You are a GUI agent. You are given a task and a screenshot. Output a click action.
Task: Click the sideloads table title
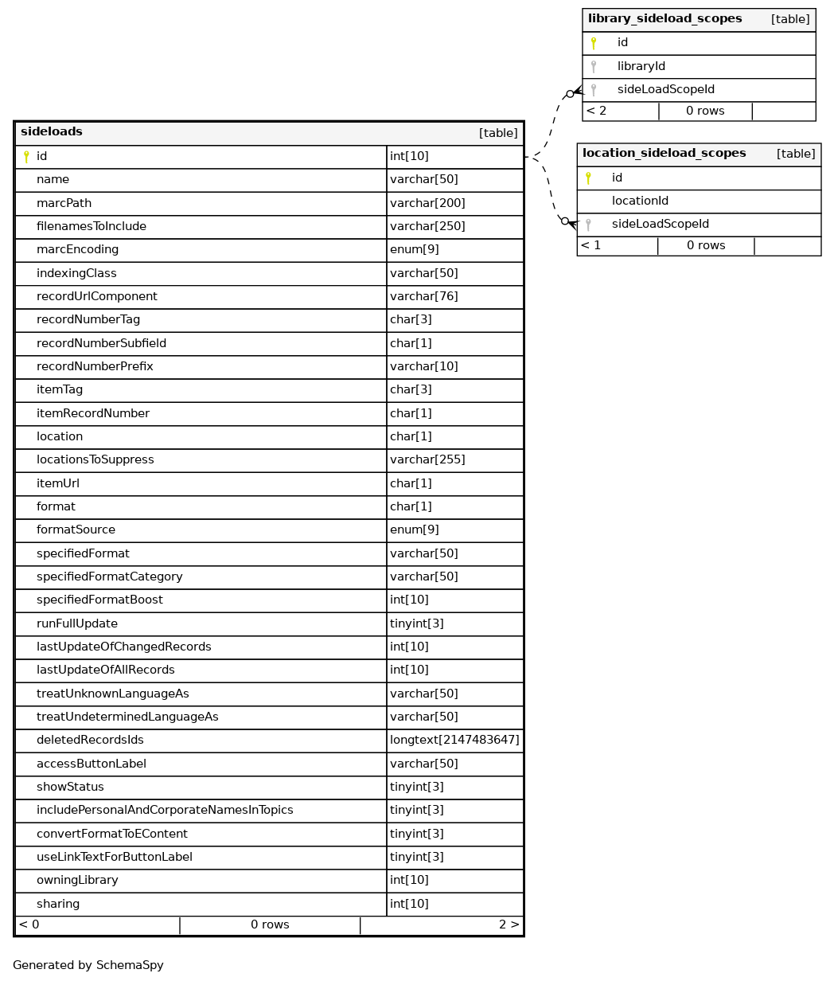(52, 132)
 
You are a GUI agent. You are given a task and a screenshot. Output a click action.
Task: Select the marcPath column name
(64, 203)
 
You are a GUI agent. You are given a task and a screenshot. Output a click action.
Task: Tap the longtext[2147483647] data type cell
(454, 741)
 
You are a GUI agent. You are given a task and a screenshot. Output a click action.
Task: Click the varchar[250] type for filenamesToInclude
(427, 226)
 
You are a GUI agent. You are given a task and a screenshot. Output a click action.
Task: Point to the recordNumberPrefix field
(95, 366)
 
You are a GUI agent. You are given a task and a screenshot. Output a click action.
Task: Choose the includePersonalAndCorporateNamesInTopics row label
(165, 810)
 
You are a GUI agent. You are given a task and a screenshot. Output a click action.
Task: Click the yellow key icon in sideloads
(26, 157)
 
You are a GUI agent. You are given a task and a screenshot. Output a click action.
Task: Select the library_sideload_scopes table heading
(664, 19)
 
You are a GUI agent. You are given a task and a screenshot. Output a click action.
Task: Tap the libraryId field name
(641, 66)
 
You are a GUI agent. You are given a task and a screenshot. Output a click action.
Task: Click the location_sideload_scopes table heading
(664, 154)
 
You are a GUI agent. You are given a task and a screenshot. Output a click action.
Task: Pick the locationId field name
(640, 201)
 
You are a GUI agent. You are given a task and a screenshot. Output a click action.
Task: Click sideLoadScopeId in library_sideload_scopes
(665, 90)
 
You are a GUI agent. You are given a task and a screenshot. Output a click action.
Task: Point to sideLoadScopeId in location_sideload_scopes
(660, 225)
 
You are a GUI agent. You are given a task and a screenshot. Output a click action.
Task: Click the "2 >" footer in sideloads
(509, 925)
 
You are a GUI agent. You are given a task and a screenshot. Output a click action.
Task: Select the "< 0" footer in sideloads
(29, 925)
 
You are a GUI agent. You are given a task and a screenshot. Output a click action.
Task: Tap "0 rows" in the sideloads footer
(270, 925)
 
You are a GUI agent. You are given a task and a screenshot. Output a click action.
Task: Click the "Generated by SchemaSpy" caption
(88, 965)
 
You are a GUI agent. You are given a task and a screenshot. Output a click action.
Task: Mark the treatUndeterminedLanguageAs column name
(127, 717)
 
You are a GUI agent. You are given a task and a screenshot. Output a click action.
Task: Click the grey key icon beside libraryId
(594, 67)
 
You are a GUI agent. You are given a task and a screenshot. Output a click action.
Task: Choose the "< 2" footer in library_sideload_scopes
(596, 111)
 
